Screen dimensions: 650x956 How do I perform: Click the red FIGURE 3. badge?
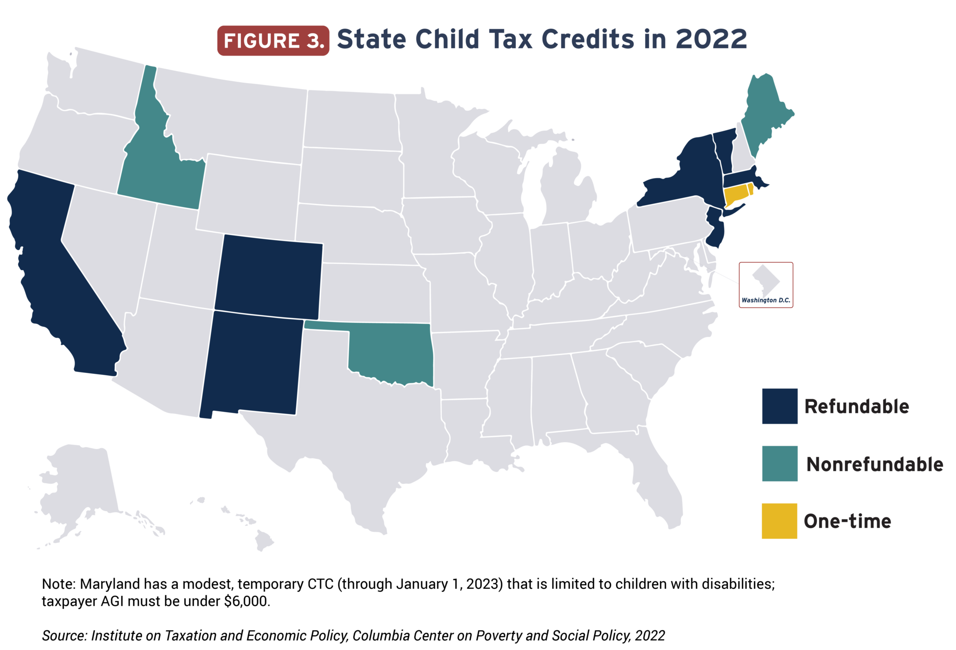coord(273,41)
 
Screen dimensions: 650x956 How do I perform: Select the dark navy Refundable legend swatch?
coord(780,406)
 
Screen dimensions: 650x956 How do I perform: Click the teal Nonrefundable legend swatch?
coord(780,464)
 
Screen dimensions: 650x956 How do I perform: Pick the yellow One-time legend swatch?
coord(779,521)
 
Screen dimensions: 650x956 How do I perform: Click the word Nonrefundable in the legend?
coord(874,464)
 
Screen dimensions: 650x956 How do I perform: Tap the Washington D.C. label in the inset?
coord(766,300)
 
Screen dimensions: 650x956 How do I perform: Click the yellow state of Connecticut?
coord(735,194)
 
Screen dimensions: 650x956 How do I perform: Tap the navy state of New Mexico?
coord(252,364)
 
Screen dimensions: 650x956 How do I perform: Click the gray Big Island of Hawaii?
coord(264,542)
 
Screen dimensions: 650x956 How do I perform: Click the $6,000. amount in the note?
coord(247,601)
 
